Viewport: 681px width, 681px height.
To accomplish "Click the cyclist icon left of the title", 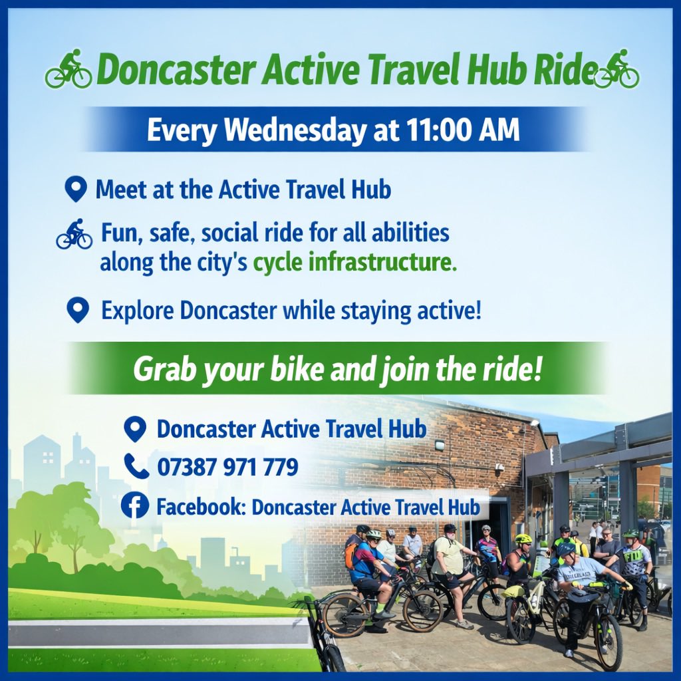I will coord(68,69).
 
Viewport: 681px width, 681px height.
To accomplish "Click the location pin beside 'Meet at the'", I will coord(76,190).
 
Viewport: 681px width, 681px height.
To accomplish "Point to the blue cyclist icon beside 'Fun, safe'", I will coord(74,234).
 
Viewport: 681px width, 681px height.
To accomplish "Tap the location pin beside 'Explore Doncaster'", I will coord(78,310).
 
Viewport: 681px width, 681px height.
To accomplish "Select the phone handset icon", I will coord(136,466).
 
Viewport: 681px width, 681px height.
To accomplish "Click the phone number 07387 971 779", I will coord(227,467).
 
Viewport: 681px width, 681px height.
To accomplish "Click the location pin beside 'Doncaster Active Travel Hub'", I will coord(136,429).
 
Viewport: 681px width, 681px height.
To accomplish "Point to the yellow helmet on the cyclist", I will coord(523,539).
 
